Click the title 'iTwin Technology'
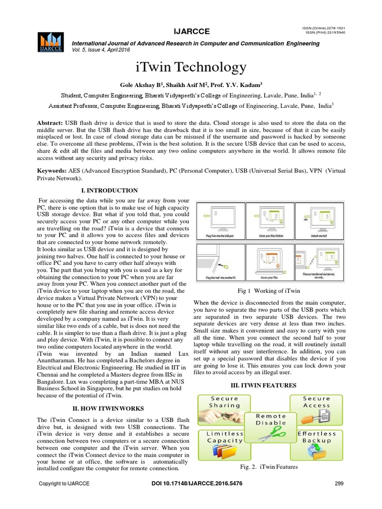[x=191, y=68]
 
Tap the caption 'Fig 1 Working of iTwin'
[x=269, y=290]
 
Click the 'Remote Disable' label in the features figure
[x=271, y=419]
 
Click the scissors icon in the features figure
[x=271, y=434]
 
